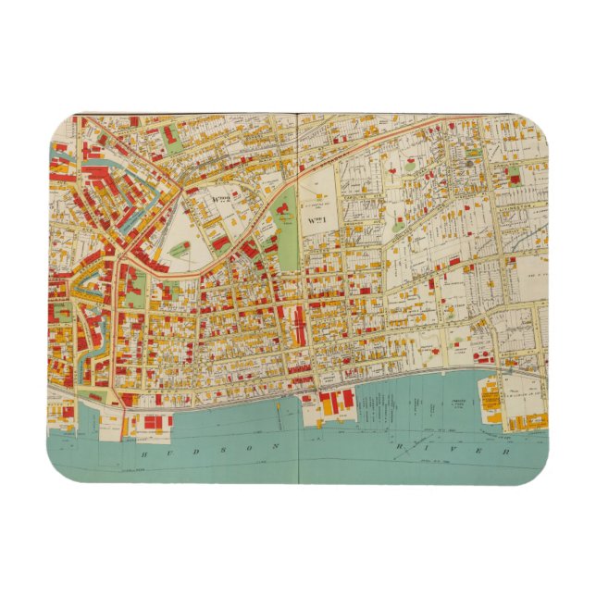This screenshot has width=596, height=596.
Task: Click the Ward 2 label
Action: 222,198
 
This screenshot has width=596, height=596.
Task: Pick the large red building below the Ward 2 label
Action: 222,242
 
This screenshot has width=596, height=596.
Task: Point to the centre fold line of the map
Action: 298,278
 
